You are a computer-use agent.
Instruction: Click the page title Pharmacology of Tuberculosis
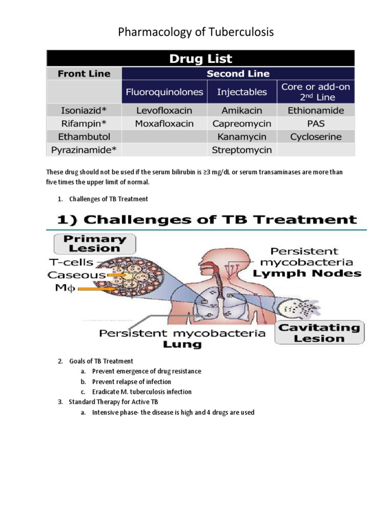tap(196, 32)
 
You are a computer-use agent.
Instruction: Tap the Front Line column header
tap(84, 74)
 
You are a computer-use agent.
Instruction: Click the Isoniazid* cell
tap(84, 110)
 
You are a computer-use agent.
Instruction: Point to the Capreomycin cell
tap(241, 124)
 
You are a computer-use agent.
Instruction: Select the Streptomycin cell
tap(241, 150)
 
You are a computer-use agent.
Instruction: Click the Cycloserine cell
tap(316, 137)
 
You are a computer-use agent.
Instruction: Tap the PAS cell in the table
tap(316, 124)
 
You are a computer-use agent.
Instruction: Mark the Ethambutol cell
tap(84, 137)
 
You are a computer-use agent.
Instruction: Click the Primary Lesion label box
tap(94, 244)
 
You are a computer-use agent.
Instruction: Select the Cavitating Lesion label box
tap(319, 332)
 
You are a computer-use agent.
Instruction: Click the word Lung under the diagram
tap(183, 345)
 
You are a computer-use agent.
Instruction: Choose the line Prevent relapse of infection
tap(132, 382)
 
